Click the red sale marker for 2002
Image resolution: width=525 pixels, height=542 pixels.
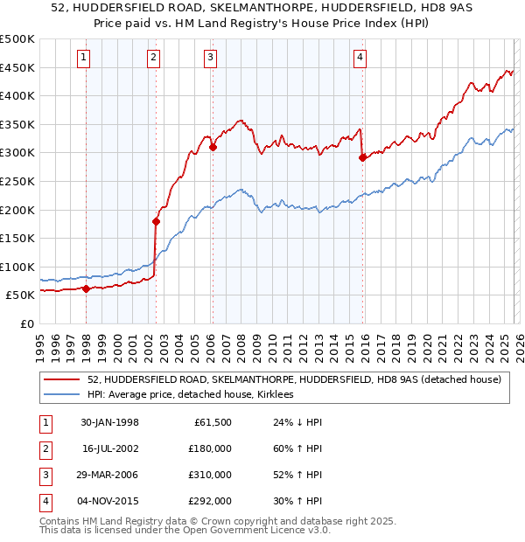tap(156, 221)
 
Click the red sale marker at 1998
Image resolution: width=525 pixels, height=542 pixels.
tap(87, 289)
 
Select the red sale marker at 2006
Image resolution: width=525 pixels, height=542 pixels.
tap(213, 148)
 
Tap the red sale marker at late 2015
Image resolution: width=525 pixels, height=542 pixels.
tap(362, 158)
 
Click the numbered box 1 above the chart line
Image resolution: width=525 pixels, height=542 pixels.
tap(84, 58)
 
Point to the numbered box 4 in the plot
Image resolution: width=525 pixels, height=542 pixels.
tap(360, 58)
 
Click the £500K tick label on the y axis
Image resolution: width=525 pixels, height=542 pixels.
tap(17, 39)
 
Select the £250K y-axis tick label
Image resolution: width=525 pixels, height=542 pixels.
tap(17, 181)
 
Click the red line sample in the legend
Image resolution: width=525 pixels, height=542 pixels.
tap(62, 379)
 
